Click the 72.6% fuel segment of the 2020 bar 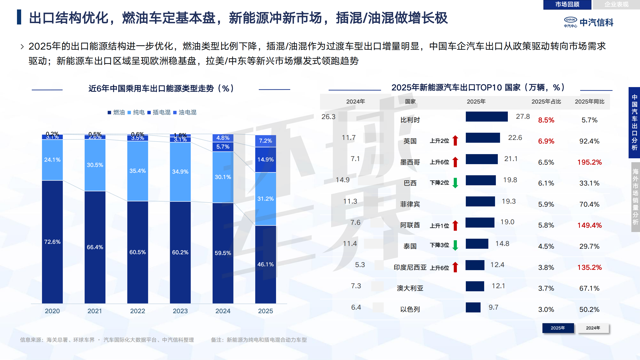tap(52, 242)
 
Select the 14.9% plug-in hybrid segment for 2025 tap(265, 160)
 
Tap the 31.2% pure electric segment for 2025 tap(265, 199)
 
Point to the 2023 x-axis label tap(180, 311)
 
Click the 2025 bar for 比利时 tap(486, 117)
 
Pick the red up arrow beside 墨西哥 tap(455, 162)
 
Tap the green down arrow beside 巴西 tap(455, 183)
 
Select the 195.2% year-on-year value tap(589, 162)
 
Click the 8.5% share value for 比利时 tap(546, 120)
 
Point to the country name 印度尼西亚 tap(410, 267)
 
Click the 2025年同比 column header tap(589, 102)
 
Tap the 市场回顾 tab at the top tap(567, 4)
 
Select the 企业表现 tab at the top tap(616, 4)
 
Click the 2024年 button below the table tap(593, 328)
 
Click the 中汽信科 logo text tap(596, 23)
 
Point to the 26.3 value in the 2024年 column tap(328, 117)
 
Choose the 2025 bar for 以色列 tap(473, 307)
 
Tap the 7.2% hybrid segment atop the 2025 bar tap(265, 141)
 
